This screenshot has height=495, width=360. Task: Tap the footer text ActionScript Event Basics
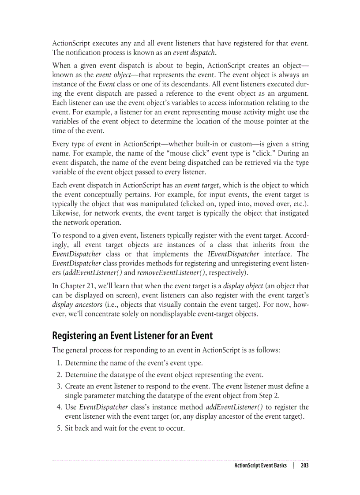[260, 465]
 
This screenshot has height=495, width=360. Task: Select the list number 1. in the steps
[59, 363]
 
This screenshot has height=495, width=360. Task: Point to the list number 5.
[59, 428]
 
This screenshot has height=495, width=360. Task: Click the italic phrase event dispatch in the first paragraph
[194, 53]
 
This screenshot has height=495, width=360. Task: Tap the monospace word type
[302, 163]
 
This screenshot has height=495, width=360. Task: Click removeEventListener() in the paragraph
[164, 273]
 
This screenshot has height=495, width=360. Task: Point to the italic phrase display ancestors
[77, 305]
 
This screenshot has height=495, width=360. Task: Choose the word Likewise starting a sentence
[67, 213]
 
